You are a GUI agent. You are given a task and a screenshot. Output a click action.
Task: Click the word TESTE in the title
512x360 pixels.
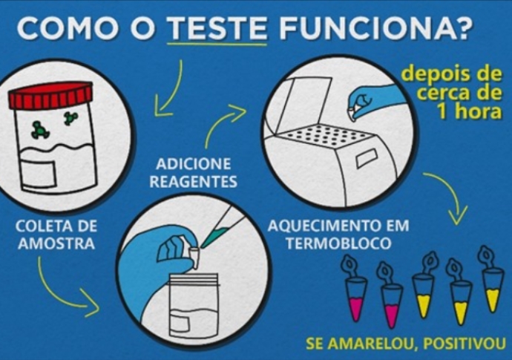pos(217,27)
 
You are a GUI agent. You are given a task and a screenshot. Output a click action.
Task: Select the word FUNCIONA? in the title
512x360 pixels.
pos(375,27)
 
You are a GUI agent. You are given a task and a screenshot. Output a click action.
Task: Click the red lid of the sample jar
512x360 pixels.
pos(51,95)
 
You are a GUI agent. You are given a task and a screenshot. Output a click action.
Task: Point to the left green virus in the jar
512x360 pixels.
pos(40,130)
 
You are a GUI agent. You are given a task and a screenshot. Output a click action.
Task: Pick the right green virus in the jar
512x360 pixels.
pos(70,117)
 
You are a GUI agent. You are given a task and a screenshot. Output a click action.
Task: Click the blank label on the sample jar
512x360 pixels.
pos(39,173)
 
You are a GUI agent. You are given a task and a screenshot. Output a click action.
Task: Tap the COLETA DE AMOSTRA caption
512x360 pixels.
pos(56,235)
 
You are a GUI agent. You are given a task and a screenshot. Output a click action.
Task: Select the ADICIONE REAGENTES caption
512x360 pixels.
pos(194,173)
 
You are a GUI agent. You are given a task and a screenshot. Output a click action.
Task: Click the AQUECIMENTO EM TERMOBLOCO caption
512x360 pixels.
pos(338,235)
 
